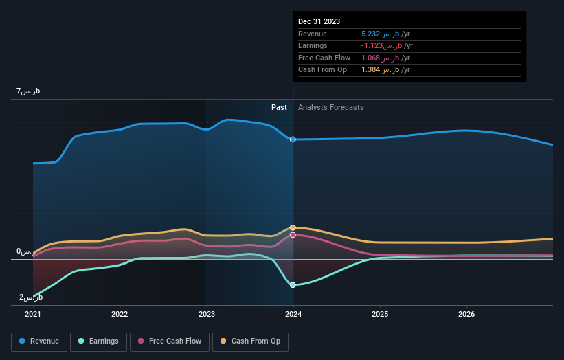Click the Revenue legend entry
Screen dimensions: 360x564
coord(39,341)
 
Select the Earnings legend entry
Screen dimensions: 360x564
coord(98,341)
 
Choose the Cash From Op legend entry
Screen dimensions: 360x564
coord(252,341)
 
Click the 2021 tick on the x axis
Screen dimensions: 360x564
coord(33,314)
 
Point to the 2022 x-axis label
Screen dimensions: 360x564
coord(120,314)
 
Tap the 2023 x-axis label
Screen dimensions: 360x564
coord(207,314)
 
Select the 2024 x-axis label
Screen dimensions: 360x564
coord(293,314)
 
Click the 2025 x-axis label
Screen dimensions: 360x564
coord(380,314)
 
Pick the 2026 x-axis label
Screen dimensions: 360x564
coord(466,314)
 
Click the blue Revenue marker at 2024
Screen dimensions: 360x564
coord(293,139)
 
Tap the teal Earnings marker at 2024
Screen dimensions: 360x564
coord(293,284)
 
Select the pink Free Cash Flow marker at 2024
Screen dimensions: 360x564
coord(293,235)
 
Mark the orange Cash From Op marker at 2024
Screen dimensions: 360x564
coord(293,227)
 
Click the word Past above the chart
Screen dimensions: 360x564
coord(279,107)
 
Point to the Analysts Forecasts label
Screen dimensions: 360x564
coord(330,107)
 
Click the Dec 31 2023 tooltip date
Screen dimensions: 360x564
coord(319,22)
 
